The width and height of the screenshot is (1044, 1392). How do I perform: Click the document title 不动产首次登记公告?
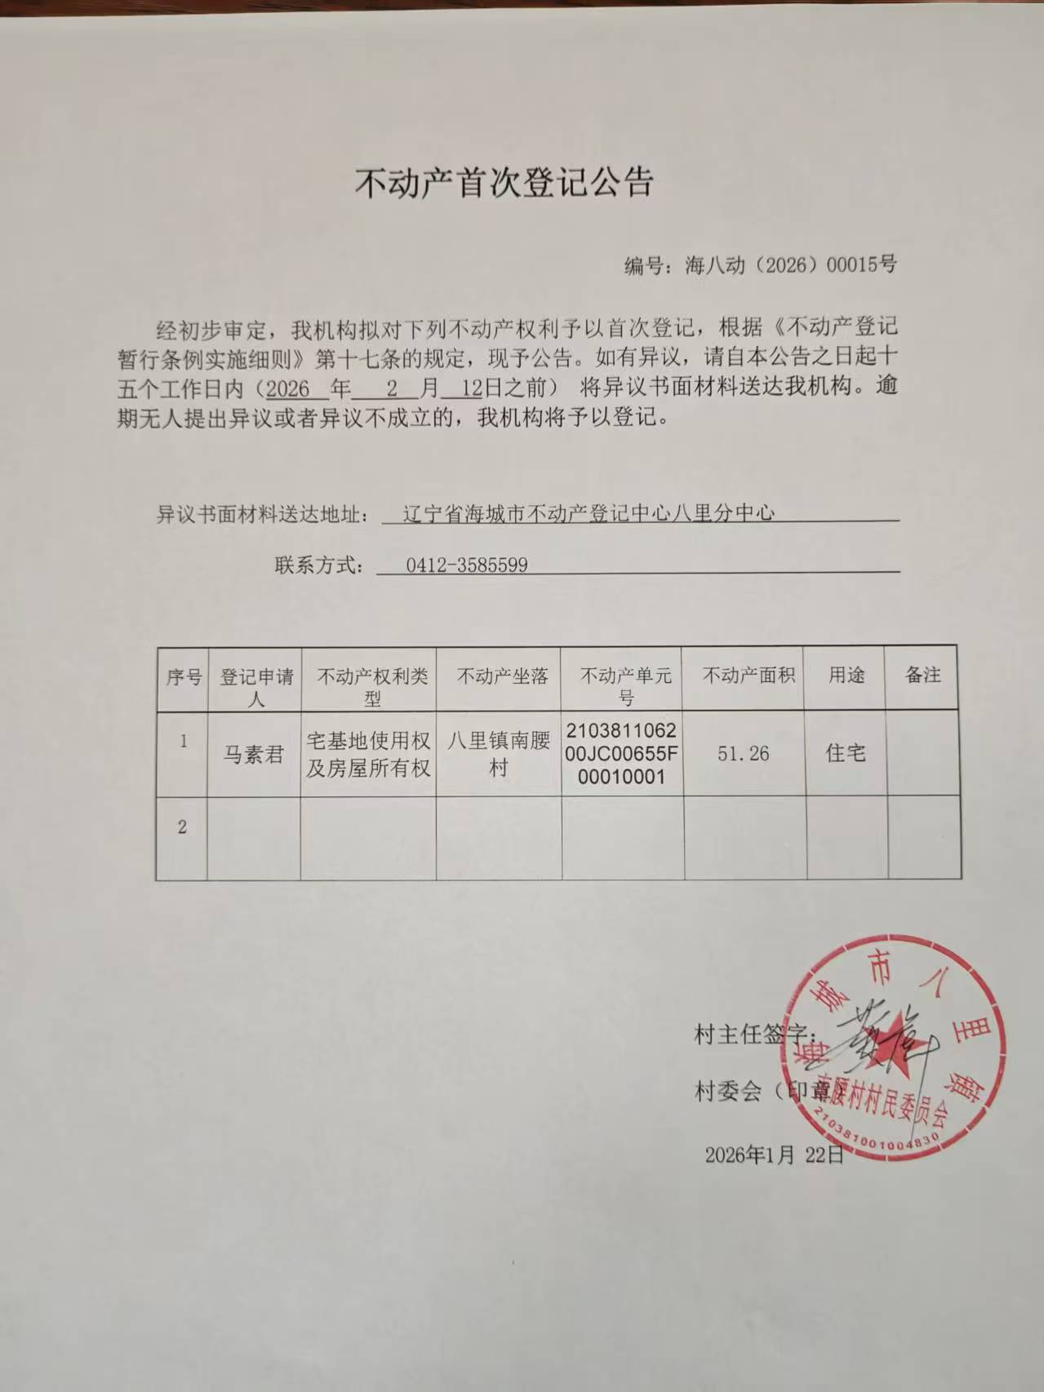click(504, 184)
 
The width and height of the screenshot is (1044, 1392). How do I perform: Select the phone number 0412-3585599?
click(467, 565)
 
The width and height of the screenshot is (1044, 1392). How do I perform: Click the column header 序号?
click(184, 676)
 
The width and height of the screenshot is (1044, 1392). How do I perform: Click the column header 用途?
click(846, 676)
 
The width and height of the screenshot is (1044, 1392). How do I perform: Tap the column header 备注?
click(922, 676)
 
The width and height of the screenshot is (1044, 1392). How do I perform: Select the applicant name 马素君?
click(253, 755)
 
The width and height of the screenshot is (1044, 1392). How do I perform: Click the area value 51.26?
click(743, 754)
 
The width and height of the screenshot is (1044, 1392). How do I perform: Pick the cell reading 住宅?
click(846, 753)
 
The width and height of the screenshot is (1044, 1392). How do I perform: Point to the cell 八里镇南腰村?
click(498, 754)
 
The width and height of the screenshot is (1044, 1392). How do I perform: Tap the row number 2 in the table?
click(182, 827)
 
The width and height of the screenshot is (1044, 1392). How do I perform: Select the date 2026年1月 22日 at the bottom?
click(774, 1155)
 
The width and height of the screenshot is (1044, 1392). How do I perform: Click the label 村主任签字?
click(749, 1035)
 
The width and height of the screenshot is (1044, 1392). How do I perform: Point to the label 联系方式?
click(318, 565)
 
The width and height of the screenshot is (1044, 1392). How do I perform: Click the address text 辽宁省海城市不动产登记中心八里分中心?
click(589, 514)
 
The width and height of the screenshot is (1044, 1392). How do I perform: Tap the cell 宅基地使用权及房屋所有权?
click(368, 754)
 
